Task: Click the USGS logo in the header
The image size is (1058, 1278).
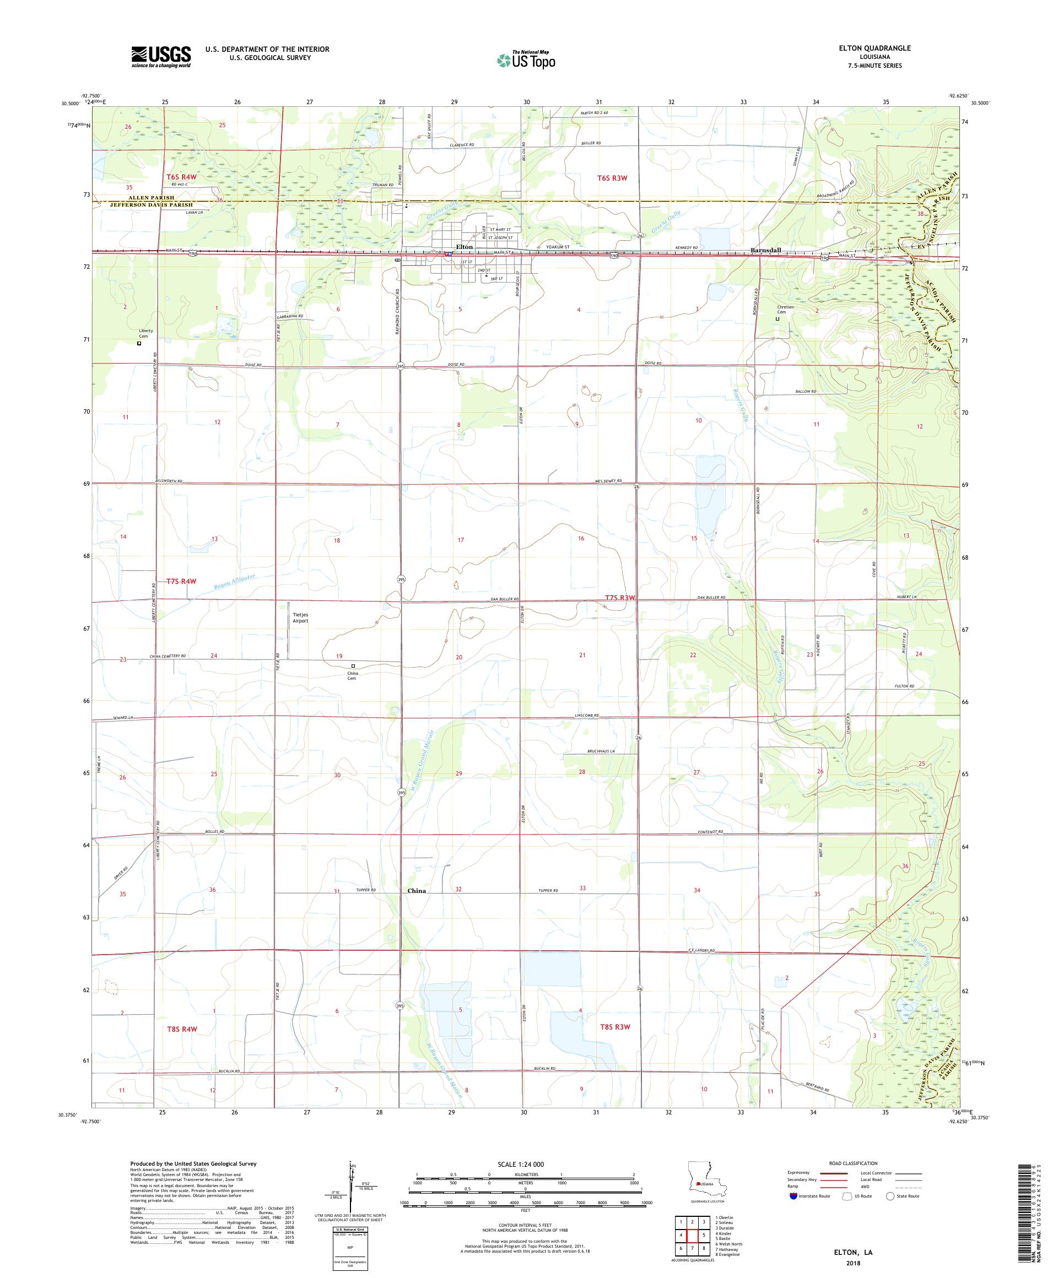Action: coord(161,57)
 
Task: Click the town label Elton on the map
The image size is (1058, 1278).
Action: coord(464,246)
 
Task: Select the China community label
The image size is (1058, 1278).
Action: coord(417,890)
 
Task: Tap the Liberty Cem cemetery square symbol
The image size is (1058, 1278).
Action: coord(139,343)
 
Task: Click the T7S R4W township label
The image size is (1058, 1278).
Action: coord(181,581)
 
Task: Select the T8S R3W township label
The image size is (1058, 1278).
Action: coord(615,1027)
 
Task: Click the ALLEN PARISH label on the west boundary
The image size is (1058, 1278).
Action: coord(151,198)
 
